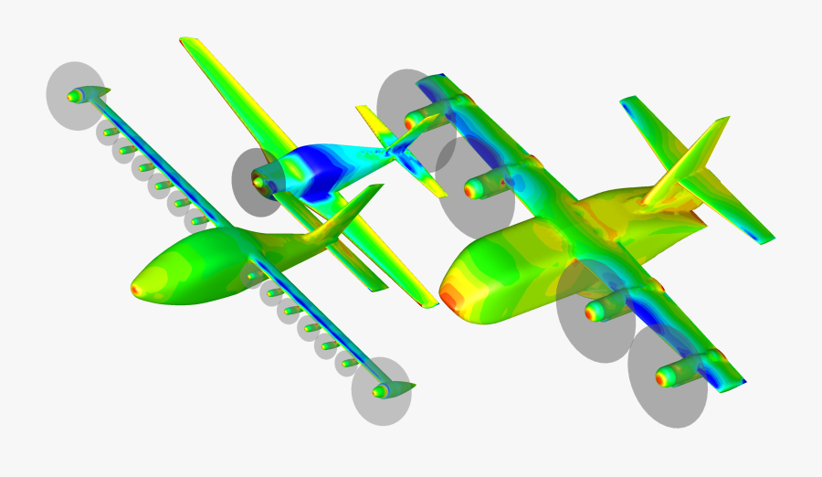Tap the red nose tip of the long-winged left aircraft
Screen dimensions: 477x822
(x=137, y=290)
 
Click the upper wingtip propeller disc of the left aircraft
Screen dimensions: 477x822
(x=76, y=94)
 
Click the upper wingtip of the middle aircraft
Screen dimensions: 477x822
(x=188, y=42)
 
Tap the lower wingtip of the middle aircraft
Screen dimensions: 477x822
(x=429, y=302)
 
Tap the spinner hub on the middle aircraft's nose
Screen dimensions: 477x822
(x=258, y=182)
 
